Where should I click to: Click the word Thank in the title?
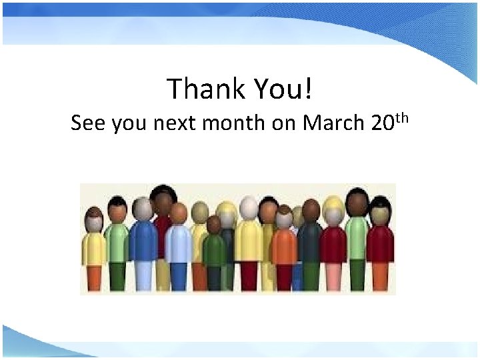coord(200,89)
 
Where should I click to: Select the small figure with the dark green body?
coord(214,250)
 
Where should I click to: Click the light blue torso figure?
coord(178,244)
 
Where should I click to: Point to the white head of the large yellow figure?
coord(249,209)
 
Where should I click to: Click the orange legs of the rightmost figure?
coord(381,277)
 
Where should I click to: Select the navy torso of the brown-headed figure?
coord(310,244)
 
